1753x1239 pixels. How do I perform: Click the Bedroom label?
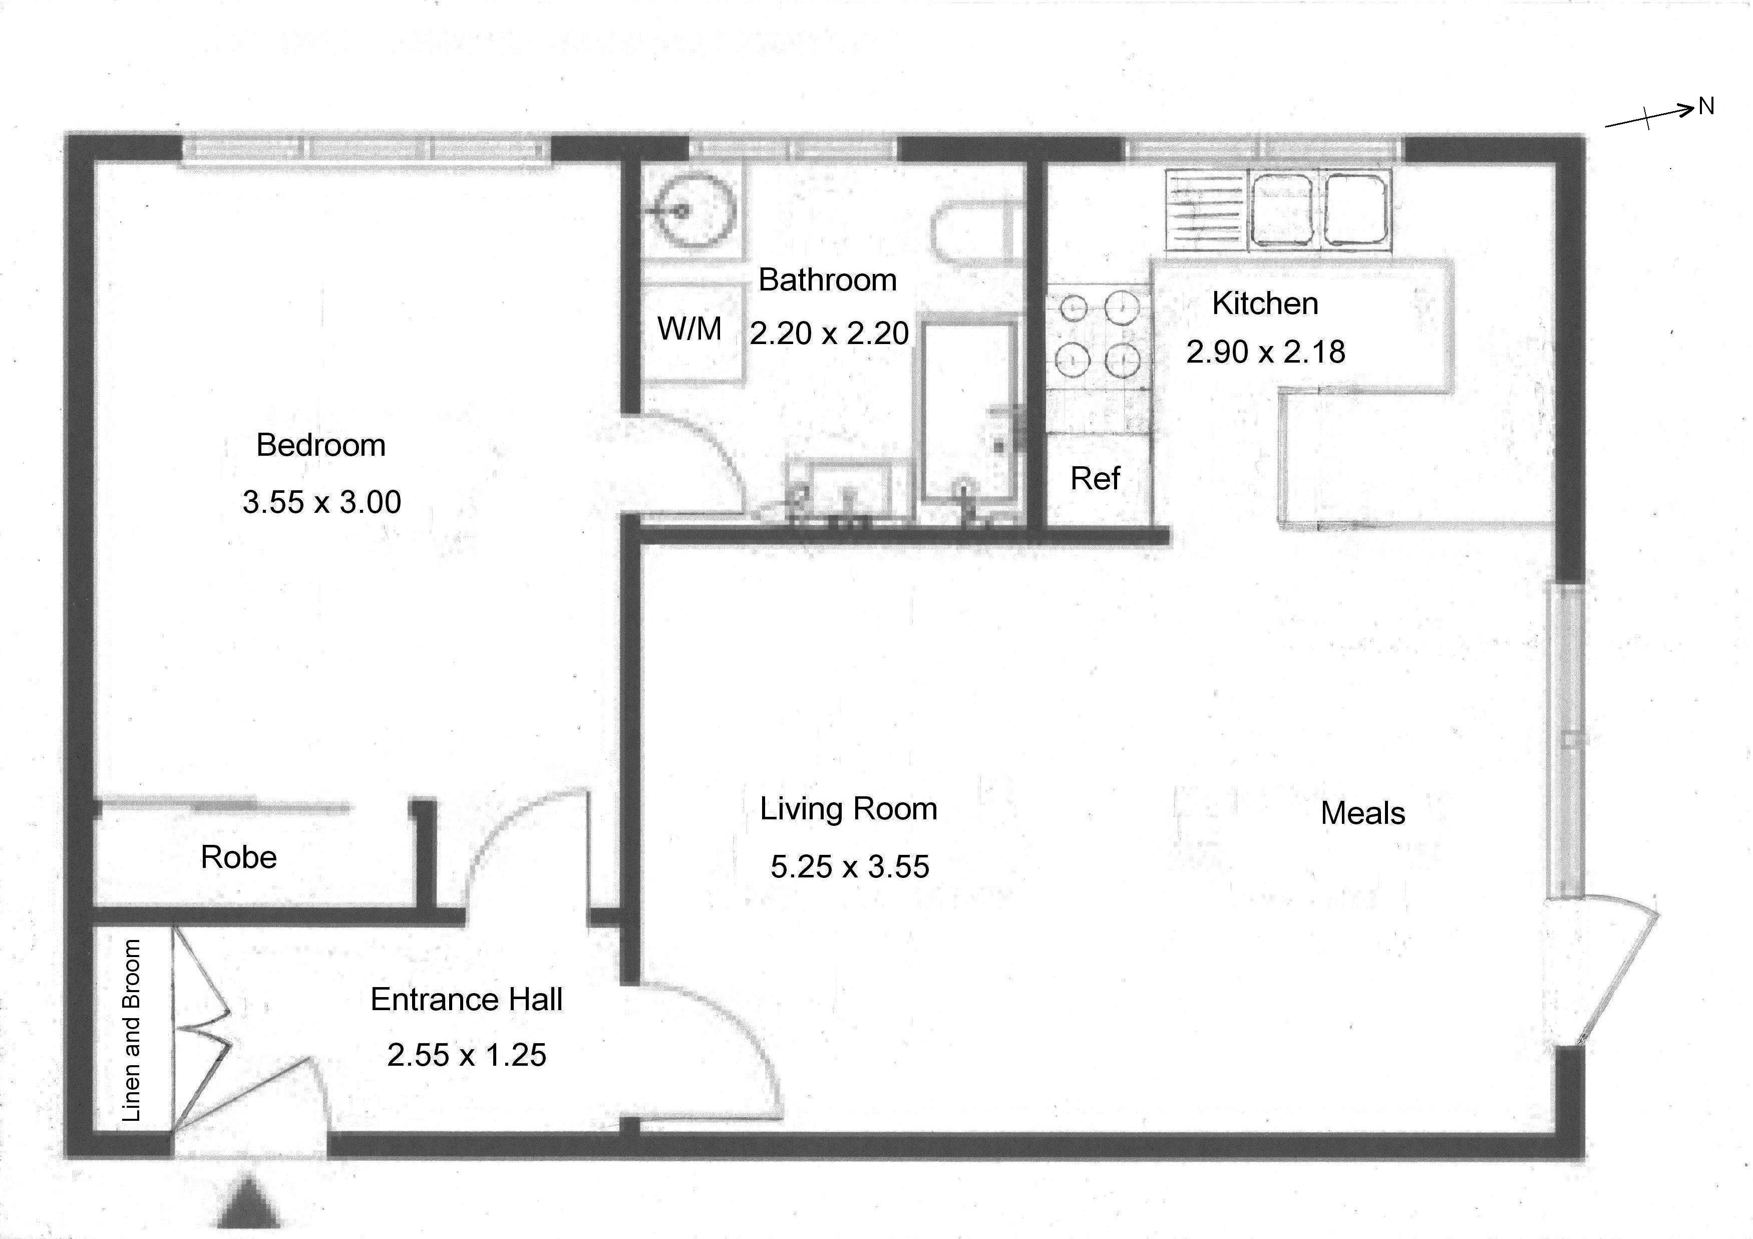[x=320, y=445]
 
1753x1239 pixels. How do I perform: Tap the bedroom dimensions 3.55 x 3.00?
[x=321, y=502]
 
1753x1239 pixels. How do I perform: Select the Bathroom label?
[x=828, y=280]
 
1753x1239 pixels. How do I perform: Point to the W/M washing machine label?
[x=689, y=329]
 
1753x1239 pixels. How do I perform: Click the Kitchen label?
[x=1265, y=303]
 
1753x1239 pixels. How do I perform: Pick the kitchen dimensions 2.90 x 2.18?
[x=1265, y=352]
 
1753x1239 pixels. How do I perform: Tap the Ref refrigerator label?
[x=1095, y=479]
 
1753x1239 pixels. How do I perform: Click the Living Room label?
[x=848, y=809]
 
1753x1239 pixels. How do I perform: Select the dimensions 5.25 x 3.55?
[x=850, y=867]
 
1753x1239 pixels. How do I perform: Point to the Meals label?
[x=1363, y=813]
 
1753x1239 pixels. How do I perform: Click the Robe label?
[x=239, y=857]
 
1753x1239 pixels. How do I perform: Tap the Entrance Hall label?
[x=467, y=999]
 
